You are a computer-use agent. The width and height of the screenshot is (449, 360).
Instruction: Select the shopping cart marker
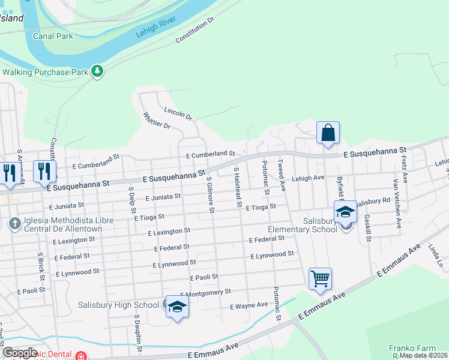coord(320,278)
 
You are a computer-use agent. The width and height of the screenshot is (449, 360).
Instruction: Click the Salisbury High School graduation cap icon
coord(176,307)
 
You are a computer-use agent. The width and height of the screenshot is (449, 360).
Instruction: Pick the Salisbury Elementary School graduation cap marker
coord(346,212)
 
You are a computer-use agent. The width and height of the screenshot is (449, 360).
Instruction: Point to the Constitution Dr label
coord(194,31)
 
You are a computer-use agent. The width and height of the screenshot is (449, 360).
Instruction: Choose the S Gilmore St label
coord(210,194)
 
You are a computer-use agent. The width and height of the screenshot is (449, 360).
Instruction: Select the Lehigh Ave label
coord(308,178)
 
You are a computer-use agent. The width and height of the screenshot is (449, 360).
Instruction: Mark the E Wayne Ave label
coord(249,305)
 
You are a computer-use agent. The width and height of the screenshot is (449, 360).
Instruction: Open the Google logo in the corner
coord(20,353)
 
